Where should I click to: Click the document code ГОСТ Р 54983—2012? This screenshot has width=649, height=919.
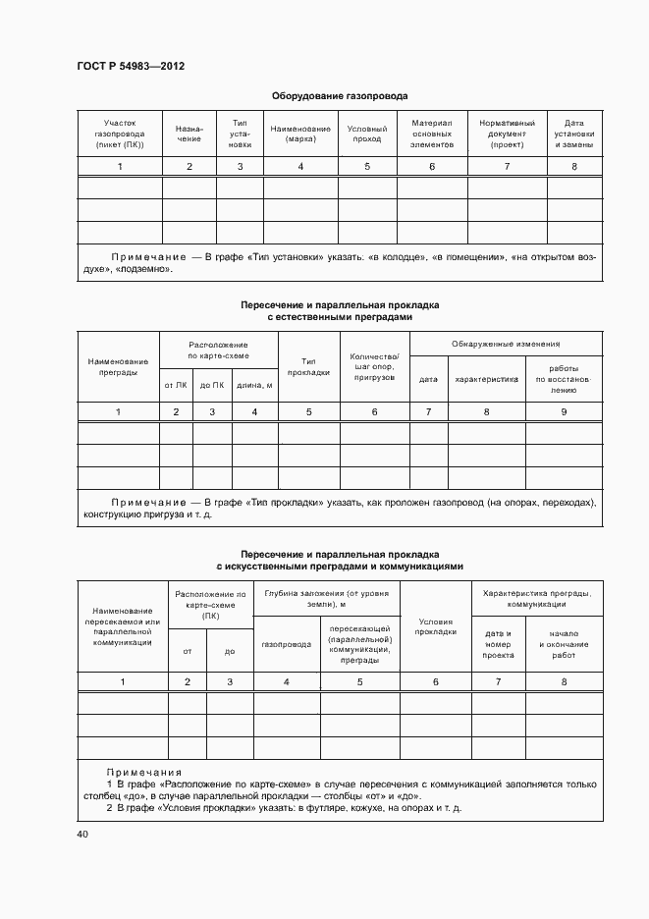[x=131, y=67]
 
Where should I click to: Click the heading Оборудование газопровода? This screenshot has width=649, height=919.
[x=340, y=96]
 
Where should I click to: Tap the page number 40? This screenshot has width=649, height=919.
[x=82, y=835]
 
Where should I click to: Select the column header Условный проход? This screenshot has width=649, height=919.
[x=367, y=134]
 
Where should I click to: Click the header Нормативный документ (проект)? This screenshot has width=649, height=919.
[x=507, y=134]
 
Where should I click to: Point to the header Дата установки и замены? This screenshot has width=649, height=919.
[x=574, y=134]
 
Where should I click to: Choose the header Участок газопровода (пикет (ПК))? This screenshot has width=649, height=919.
[x=120, y=134]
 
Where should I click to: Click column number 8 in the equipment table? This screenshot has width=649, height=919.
[x=574, y=167]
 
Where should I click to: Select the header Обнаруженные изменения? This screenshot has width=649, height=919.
[x=506, y=345]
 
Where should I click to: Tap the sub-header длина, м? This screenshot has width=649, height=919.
[x=255, y=385]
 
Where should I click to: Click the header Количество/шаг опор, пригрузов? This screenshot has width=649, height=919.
[x=374, y=366]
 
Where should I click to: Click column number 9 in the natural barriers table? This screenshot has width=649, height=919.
[x=564, y=412]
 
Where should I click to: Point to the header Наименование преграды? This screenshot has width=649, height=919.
[x=118, y=366]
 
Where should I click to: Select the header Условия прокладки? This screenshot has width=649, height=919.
[x=437, y=626]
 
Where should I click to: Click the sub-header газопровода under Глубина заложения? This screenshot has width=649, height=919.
[x=287, y=646]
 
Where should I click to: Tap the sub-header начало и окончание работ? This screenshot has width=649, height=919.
[x=564, y=644]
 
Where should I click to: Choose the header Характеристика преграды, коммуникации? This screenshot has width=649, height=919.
[x=537, y=599]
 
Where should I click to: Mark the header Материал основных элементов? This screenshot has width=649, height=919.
[x=432, y=134]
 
